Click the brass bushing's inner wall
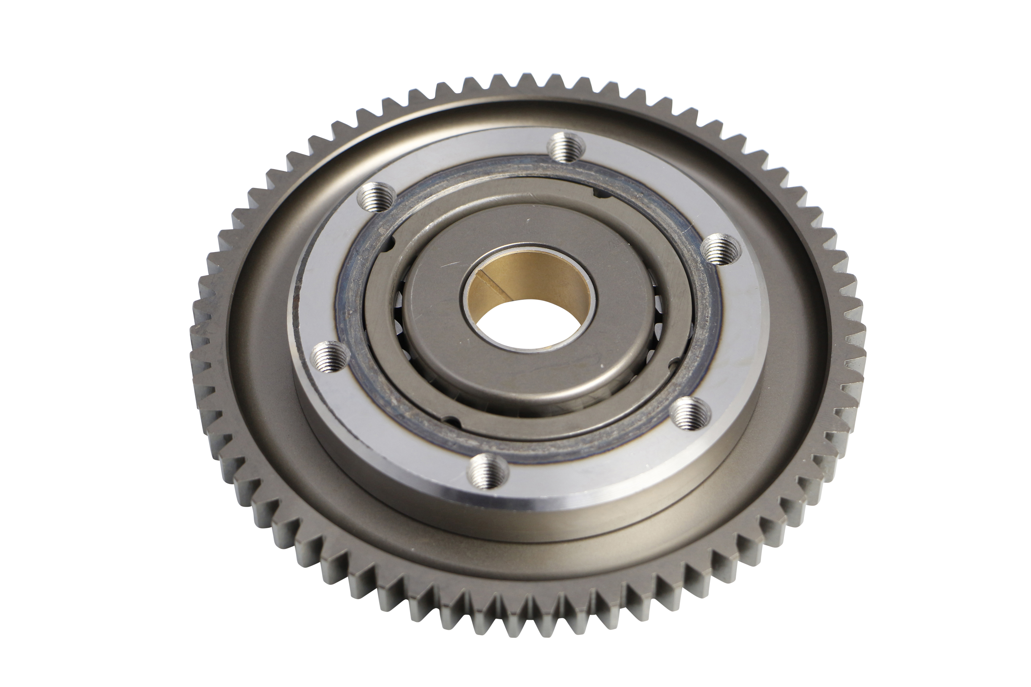click(539, 280)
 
